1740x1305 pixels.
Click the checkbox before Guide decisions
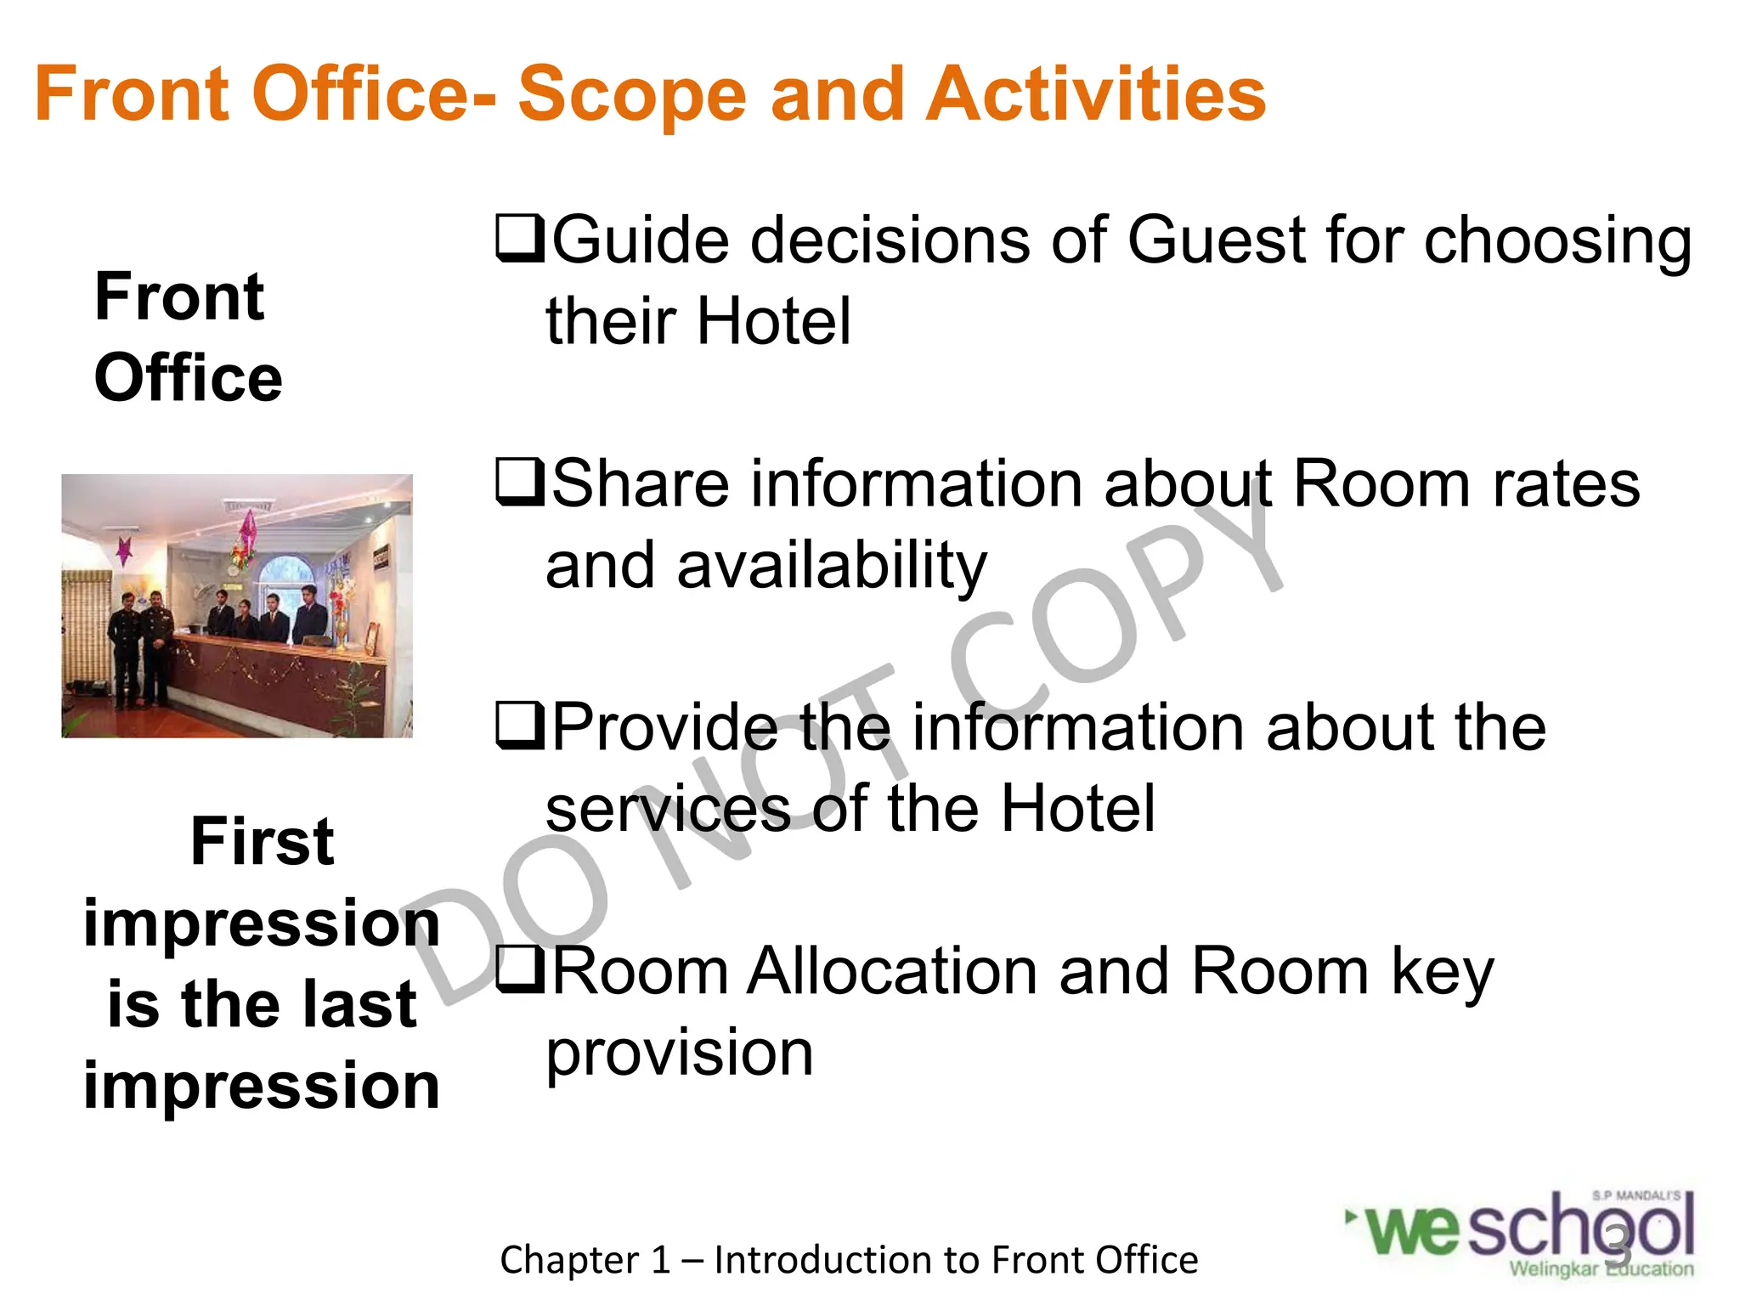click(519, 239)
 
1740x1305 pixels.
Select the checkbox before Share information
click(519, 483)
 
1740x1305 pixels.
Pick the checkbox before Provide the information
click(519, 726)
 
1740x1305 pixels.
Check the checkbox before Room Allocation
click(519, 970)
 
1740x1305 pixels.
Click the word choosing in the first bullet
click(1557, 242)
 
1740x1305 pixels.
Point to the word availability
click(832, 567)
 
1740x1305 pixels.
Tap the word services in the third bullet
click(668, 809)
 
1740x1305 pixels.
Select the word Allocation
click(891, 971)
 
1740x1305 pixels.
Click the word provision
click(679, 1054)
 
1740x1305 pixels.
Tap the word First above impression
click(262, 841)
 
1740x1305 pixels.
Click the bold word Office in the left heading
click(188, 378)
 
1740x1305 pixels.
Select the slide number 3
click(1619, 1246)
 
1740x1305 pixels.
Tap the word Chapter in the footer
click(569, 1260)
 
